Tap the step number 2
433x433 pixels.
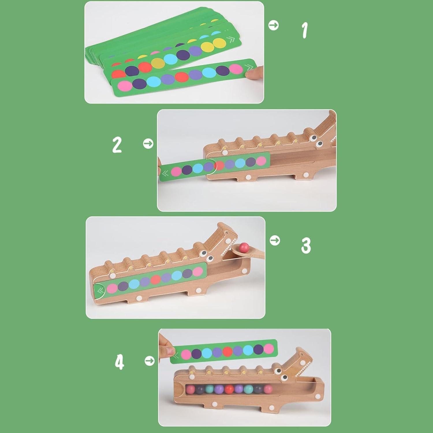click(117, 145)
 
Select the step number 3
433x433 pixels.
click(306, 246)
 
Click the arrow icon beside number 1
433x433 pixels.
click(273, 25)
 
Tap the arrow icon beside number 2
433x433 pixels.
click(148, 143)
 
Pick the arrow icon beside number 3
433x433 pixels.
click(275, 240)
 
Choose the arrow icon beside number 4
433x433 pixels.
click(150, 361)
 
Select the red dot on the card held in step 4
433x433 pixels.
click(227, 351)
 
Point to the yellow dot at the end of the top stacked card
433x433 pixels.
click(219, 43)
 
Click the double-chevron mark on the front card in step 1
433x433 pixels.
click(248, 68)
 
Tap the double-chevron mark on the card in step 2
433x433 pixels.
click(165, 173)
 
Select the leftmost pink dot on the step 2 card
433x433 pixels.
click(176, 171)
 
